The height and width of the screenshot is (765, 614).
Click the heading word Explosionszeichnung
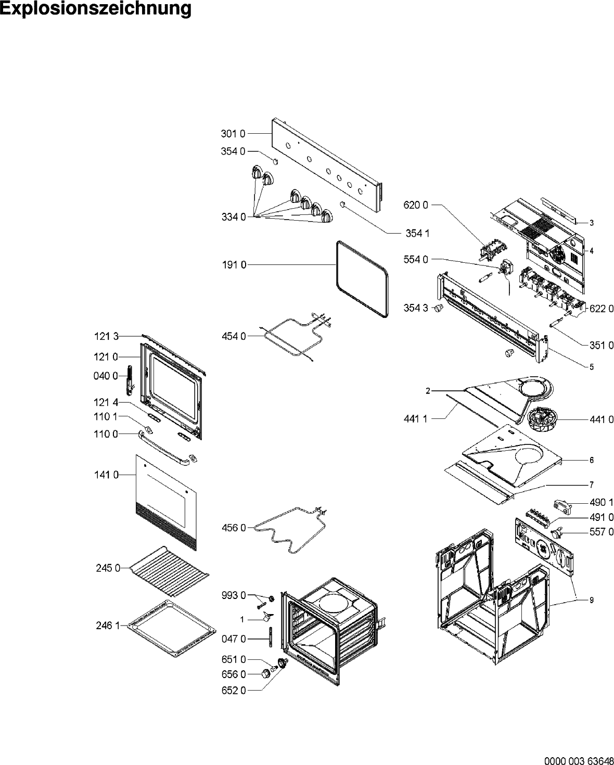click(x=96, y=9)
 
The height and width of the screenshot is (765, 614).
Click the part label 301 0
click(x=233, y=134)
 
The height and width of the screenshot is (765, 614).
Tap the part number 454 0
click(x=233, y=336)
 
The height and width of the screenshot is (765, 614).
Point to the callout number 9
click(x=592, y=600)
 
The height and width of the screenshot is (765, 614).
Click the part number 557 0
click(x=602, y=532)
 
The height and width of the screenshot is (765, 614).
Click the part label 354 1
click(x=417, y=233)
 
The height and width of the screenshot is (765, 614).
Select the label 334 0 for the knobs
click(x=233, y=217)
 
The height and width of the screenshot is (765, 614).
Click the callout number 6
click(x=592, y=460)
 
